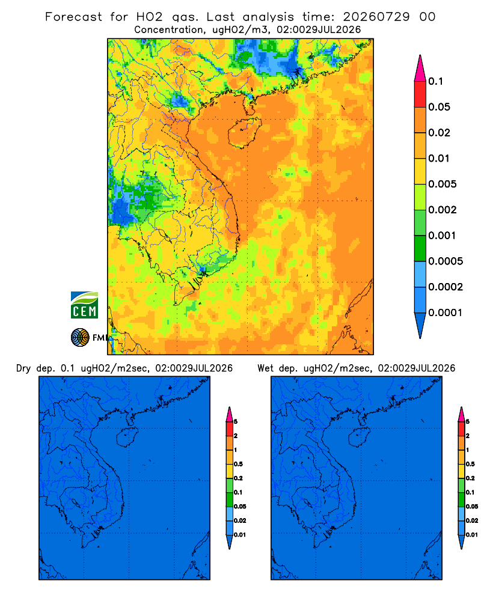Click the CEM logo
[84, 305]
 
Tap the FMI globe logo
[80, 337]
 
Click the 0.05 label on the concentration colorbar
[439, 107]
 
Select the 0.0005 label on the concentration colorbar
[446, 261]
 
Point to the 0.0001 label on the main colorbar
[446, 313]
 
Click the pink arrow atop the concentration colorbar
[420, 68]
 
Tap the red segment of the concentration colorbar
[420, 94]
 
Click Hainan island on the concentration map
[244, 133]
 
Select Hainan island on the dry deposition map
[127, 438]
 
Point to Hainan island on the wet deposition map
[360, 438]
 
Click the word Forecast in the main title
[73, 17]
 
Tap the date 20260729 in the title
[376, 17]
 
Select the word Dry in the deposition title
[23, 368]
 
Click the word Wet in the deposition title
[265, 368]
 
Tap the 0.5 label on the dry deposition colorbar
[238, 464]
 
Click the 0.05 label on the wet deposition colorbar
[472, 506]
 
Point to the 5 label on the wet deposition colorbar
[468, 422]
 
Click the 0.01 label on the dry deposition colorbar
[240, 535]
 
